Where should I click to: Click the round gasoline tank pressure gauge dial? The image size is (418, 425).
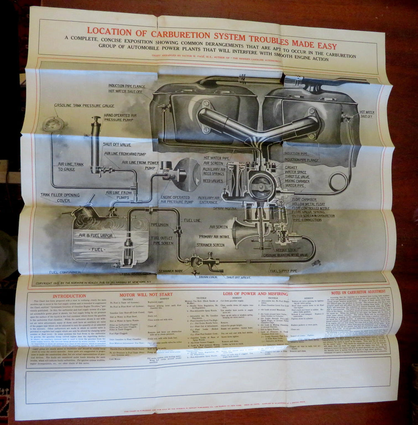[53, 124]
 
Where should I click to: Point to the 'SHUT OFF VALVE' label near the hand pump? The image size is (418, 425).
[117, 145]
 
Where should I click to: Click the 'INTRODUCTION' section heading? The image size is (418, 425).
[69, 296]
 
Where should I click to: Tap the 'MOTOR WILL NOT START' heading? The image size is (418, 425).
[146, 294]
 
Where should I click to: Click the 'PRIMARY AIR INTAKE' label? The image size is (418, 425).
[214, 236]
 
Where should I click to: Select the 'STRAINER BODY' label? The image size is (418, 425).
[170, 271]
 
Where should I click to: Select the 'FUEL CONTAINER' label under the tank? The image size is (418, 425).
[65, 272]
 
